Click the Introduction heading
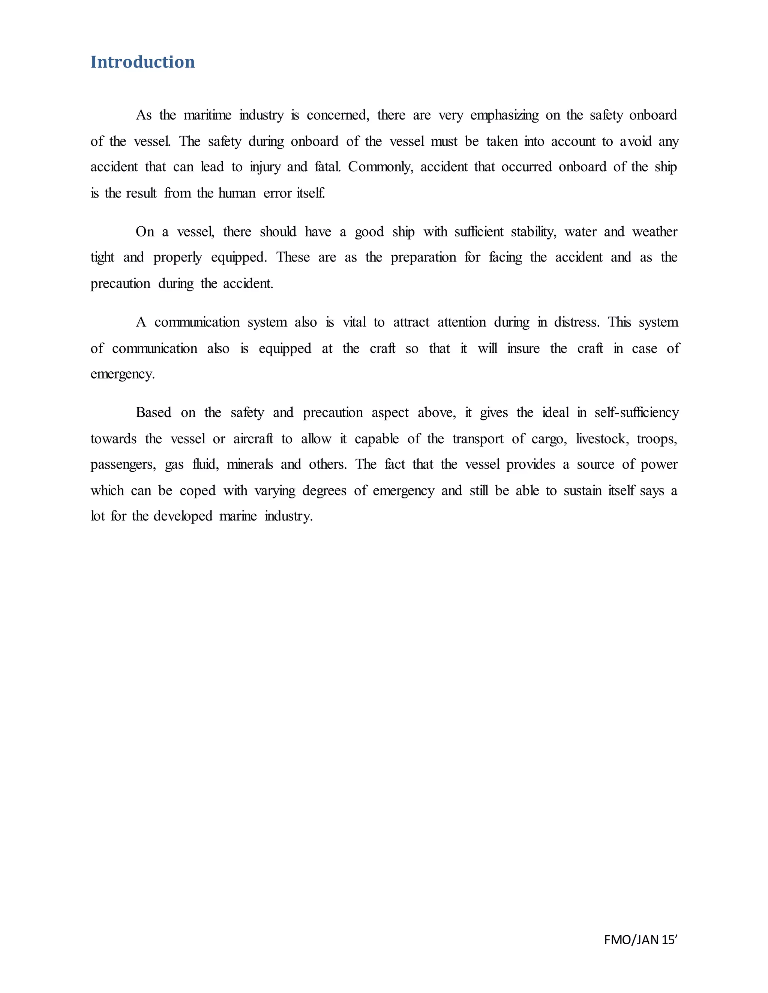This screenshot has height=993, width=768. coord(142,62)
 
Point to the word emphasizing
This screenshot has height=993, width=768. coord(504,115)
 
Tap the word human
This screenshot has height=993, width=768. coord(237,193)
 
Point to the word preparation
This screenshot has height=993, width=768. coord(423,258)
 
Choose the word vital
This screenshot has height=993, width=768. coord(354,322)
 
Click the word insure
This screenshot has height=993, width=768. coord(523,349)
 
